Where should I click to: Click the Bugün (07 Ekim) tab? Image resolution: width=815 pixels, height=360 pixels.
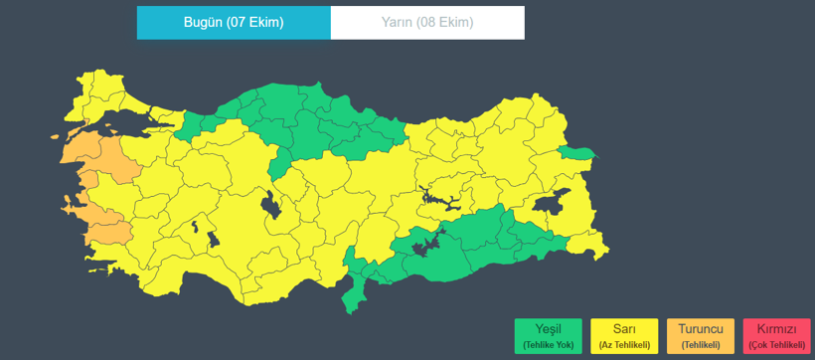234,23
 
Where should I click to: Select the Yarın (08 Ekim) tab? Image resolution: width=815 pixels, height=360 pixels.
427,23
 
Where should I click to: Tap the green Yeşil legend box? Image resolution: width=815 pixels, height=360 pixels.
549,336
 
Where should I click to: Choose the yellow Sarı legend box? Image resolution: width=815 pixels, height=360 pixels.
624,336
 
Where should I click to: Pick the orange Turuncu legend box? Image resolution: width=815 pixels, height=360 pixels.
701,336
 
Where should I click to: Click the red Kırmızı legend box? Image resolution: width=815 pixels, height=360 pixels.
776,336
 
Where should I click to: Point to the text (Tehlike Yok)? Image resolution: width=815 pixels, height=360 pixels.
549,345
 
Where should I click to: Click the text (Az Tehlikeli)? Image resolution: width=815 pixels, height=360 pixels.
624,345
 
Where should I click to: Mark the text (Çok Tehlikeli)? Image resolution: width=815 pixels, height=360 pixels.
776,345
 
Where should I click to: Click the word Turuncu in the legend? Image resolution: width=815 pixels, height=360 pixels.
701,329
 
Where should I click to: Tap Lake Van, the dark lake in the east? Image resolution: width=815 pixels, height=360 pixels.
548,204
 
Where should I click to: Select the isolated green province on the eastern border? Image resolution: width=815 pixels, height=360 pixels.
577,153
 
